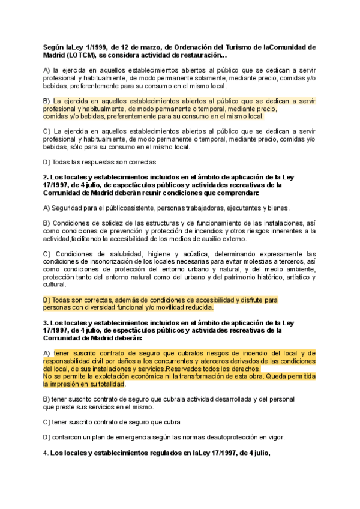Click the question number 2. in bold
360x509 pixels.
click(x=46, y=178)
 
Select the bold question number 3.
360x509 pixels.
click(x=46, y=323)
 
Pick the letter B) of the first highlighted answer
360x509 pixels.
click(x=47, y=101)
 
